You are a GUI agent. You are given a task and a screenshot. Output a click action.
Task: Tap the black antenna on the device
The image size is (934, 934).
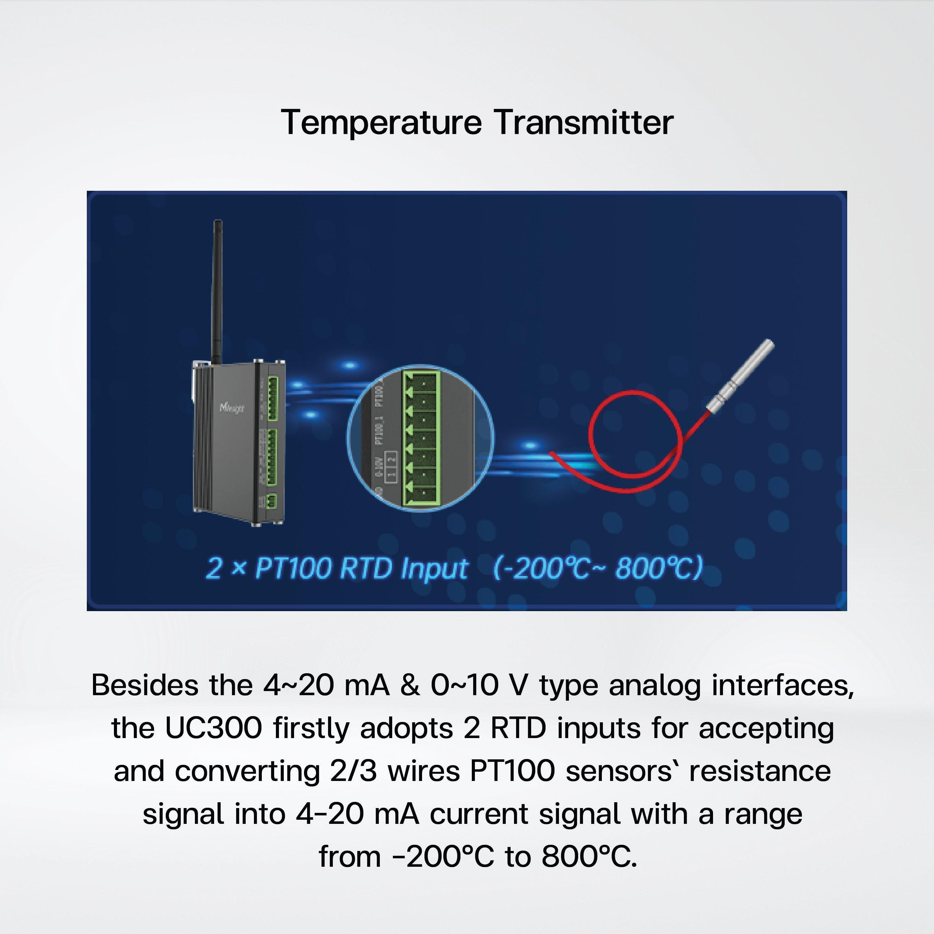[x=218, y=290]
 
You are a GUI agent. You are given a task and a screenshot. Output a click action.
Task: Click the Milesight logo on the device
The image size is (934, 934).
[x=232, y=408]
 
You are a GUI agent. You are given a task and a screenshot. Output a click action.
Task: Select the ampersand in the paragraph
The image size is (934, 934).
[x=410, y=686]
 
